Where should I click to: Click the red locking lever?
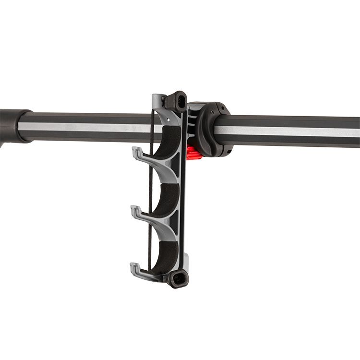[192, 153]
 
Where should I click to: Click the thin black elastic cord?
[151, 192]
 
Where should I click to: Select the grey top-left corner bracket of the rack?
[157, 101]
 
